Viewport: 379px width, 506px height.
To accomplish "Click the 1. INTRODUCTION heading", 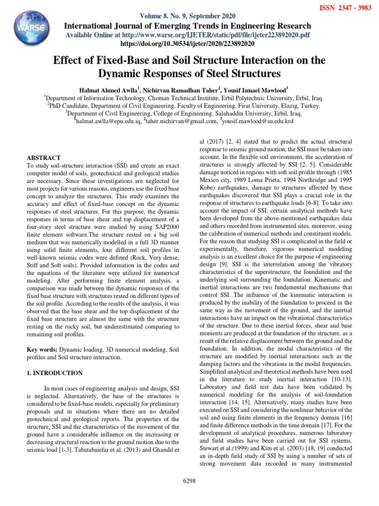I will [55, 373].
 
